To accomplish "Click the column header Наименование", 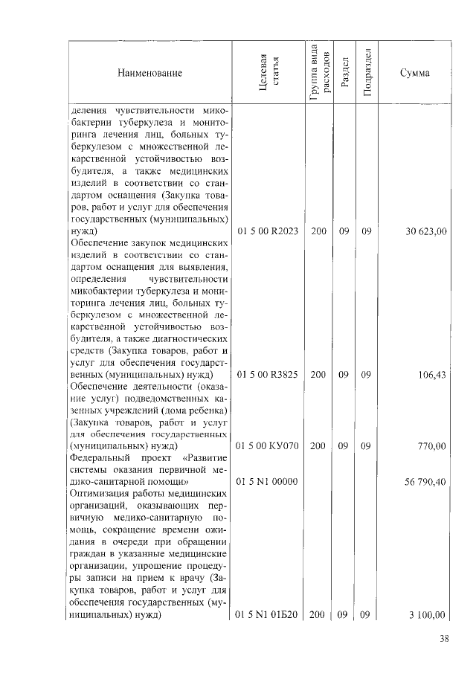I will [149, 74].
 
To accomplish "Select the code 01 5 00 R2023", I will [268, 232].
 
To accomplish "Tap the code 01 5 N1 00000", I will [268, 482].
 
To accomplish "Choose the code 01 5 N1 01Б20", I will [268, 616].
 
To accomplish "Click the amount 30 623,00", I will [425, 232].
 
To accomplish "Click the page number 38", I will [444, 638].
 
